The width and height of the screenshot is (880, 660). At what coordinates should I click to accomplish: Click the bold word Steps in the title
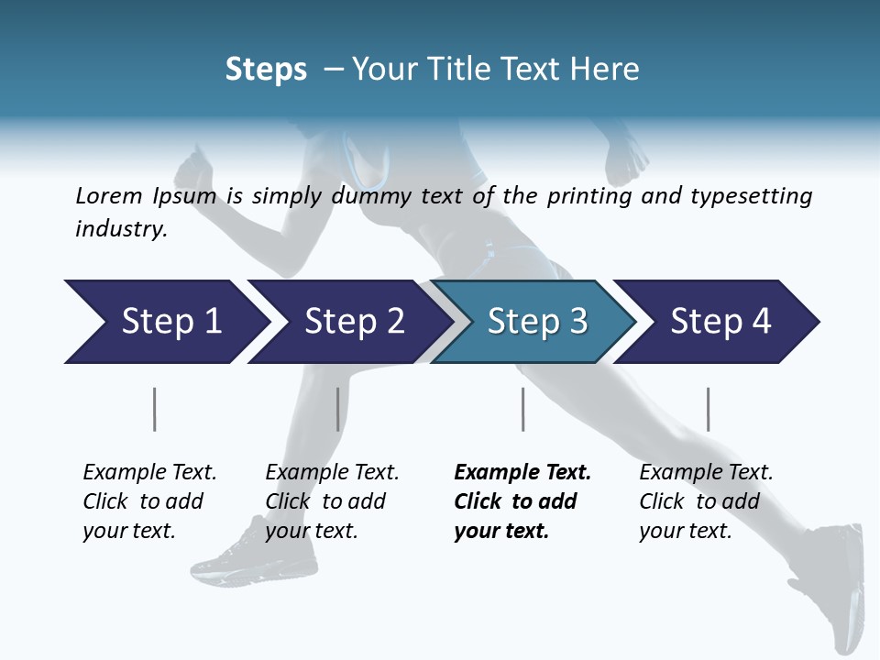coord(266,69)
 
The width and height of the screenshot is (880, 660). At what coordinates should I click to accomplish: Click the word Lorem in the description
coord(109,195)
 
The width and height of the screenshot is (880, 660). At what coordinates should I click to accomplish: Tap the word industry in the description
coord(120,229)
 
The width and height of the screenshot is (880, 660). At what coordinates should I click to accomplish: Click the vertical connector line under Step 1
coord(155,409)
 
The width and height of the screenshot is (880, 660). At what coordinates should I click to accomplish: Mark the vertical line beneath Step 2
coord(338,409)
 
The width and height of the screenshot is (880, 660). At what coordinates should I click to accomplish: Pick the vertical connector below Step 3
coord(522,409)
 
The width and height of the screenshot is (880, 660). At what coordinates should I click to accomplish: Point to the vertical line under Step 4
coord(708,409)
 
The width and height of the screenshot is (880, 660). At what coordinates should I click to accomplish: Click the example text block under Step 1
coord(149,501)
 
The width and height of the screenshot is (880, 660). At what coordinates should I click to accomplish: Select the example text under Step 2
coord(332,501)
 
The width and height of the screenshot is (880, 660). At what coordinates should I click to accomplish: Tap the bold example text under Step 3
coord(522,501)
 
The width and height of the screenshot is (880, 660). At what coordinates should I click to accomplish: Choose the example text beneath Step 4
coord(706,501)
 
